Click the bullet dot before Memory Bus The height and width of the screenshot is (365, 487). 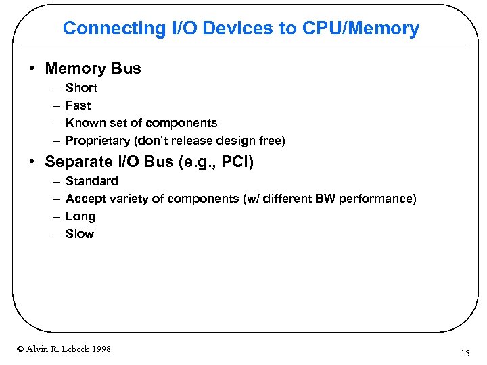[33, 69]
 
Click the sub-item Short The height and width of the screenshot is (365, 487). [81, 88]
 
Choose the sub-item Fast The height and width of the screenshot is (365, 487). [78, 105]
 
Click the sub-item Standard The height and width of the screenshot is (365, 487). [91, 181]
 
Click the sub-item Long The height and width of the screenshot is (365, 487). [80, 216]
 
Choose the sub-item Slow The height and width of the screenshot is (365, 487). [79, 234]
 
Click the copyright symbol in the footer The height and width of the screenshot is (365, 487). [20, 349]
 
